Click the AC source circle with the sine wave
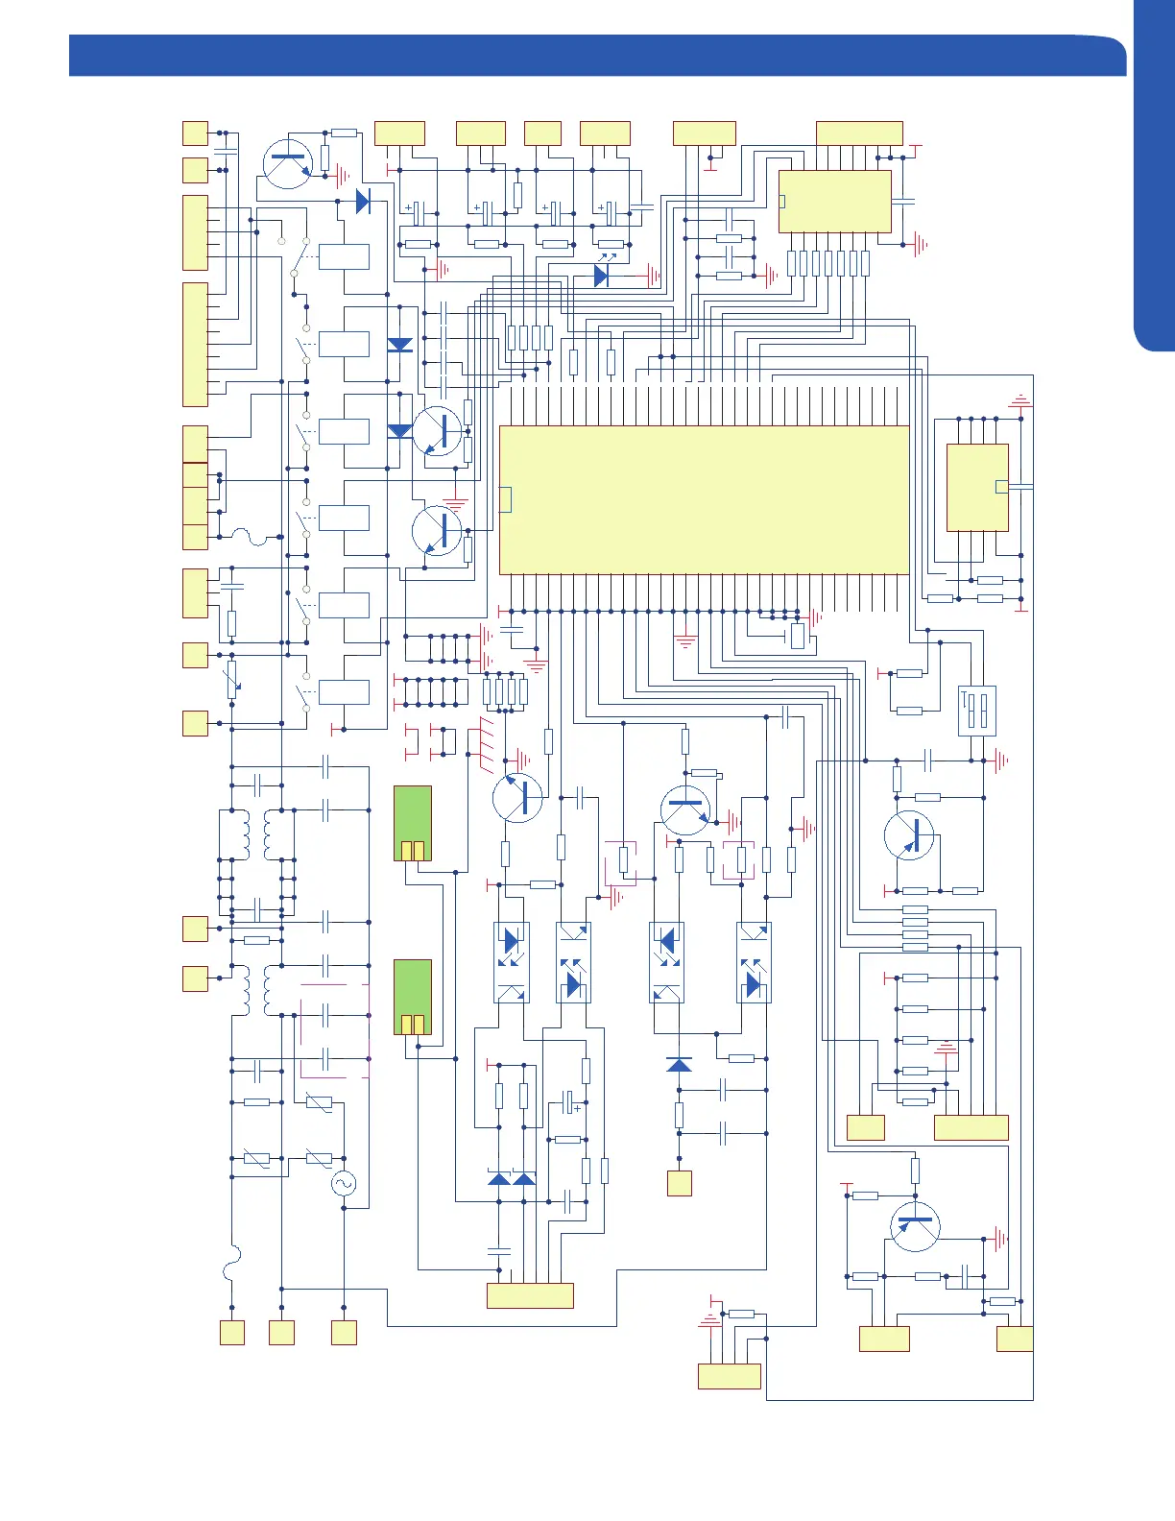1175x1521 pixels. tap(344, 1184)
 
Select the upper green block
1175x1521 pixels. tap(413, 823)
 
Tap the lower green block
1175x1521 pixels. tap(413, 997)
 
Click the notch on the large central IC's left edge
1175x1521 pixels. tap(506, 499)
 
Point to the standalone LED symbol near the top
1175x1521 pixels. tap(602, 276)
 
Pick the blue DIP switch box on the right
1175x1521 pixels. tap(977, 712)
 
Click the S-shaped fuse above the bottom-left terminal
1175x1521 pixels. tap(231, 1263)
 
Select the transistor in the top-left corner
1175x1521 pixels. tap(287, 164)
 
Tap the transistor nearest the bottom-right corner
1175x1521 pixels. tap(915, 1226)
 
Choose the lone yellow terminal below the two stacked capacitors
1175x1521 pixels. tap(680, 1183)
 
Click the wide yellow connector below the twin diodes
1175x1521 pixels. tap(530, 1295)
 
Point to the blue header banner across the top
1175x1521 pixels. tap(595, 56)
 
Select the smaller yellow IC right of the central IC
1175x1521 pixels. tap(977, 487)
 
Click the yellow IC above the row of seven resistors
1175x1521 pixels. tap(834, 202)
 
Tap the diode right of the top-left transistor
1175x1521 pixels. tap(363, 202)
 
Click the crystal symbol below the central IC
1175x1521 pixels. tap(798, 637)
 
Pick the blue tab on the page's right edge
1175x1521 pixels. tap(1154, 173)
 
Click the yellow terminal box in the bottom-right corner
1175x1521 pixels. tap(1015, 1339)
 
